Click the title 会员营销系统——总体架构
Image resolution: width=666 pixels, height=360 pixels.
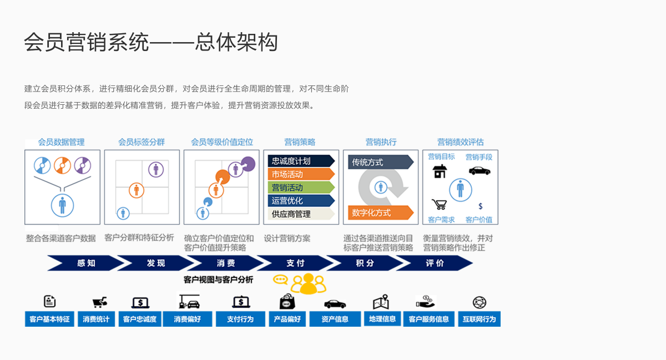[x=150, y=43]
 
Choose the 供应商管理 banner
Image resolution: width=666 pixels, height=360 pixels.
[x=300, y=214]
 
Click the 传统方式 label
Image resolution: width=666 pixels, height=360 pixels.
[x=380, y=163]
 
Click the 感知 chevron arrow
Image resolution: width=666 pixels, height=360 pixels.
[x=86, y=263]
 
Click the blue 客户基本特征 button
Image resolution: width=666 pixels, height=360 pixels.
[x=49, y=320]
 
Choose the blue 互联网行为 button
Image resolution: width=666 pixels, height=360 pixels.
[x=479, y=320]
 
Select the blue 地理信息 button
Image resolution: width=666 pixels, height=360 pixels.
[x=382, y=319]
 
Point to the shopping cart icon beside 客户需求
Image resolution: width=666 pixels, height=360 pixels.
[x=440, y=205]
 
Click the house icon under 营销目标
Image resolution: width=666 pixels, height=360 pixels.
[x=440, y=171]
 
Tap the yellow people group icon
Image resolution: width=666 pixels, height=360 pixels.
[x=309, y=283]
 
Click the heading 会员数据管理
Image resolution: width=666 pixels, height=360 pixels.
[x=61, y=143]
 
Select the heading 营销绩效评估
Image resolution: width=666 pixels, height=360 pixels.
[x=460, y=143]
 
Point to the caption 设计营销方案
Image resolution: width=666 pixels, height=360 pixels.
[x=287, y=239]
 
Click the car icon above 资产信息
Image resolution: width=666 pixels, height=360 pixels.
[x=335, y=303]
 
